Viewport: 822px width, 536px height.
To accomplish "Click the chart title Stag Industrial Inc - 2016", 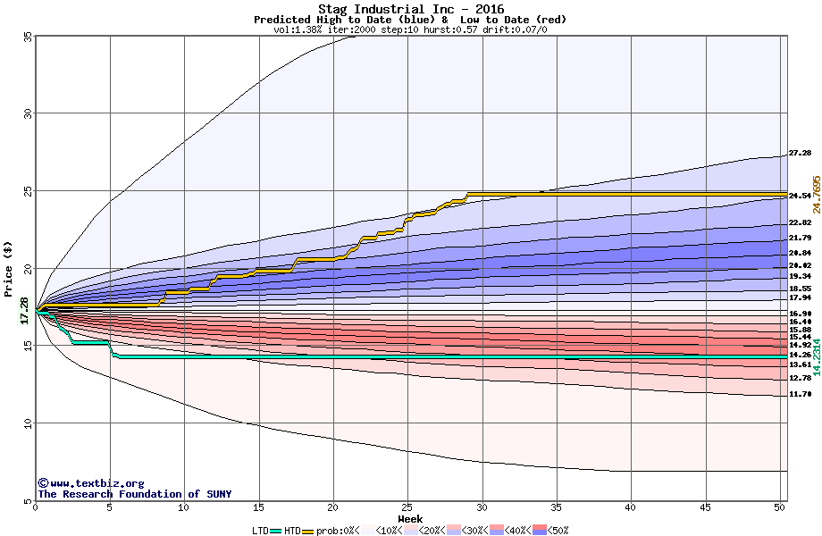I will click(410, 9).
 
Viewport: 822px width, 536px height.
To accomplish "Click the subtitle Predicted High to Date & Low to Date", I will click(410, 20).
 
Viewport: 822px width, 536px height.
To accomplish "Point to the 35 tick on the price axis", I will click(27, 36).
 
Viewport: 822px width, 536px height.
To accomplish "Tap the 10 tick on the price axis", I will click(27, 423).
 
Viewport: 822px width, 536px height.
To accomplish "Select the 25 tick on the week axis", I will click(407, 508).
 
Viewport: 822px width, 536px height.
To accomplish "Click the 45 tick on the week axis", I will click(706, 508).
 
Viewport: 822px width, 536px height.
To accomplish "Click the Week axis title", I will click(410, 519).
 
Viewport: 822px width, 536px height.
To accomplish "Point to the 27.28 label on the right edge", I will click(800, 154).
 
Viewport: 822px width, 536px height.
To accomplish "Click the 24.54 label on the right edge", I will click(800, 196).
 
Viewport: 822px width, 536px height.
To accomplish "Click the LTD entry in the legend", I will click(260, 531).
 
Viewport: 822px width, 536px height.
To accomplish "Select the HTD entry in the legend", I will click(292, 531).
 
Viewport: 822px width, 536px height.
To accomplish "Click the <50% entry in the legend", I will click(556, 531).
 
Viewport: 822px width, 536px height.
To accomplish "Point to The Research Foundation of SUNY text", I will click(134, 494).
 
